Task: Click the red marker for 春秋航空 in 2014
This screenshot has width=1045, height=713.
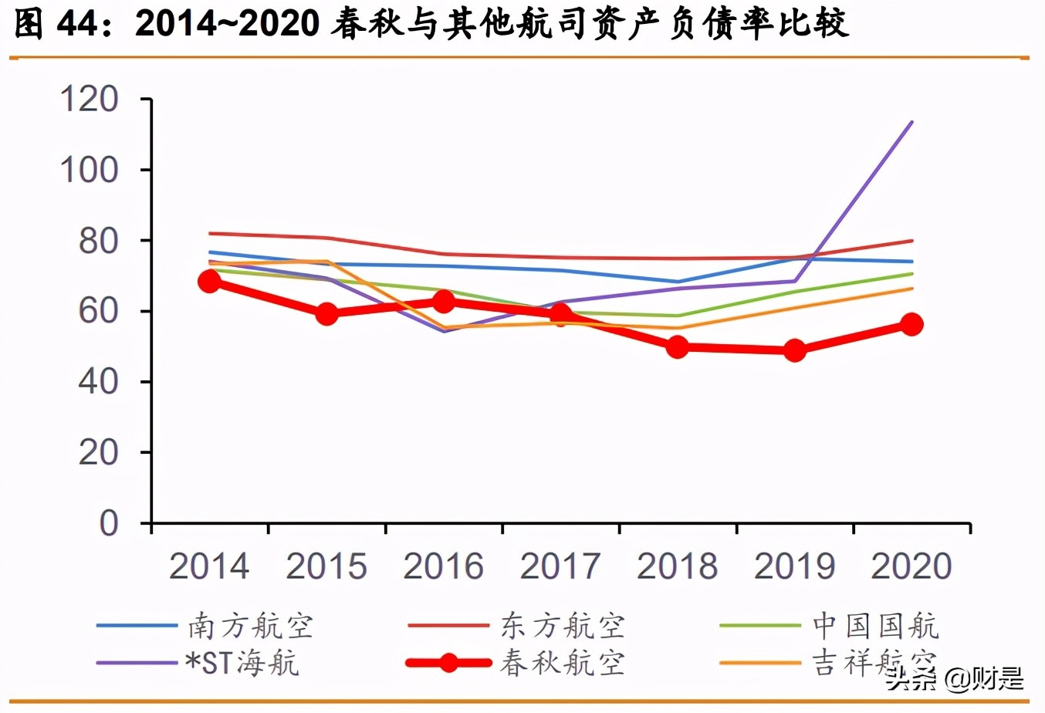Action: pyautogui.click(x=209, y=281)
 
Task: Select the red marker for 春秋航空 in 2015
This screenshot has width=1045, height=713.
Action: pyautogui.click(x=326, y=313)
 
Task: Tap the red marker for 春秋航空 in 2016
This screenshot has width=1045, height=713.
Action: pyautogui.click(x=444, y=301)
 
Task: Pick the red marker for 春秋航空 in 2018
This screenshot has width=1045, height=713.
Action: pyautogui.click(x=678, y=347)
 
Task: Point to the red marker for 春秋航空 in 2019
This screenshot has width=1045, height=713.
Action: pyautogui.click(x=794, y=350)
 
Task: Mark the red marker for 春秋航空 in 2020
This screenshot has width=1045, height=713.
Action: pyautogui.click(x=911, y=324)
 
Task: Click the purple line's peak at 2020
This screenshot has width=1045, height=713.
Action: pyautogui.click(x=912, y=122)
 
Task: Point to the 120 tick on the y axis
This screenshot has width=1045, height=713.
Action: pyautogui.click(x=90, y=100)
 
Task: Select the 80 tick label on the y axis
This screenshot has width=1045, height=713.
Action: pyautogui.click(x=98, y=241)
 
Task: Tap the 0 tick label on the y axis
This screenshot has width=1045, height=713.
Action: pyautogui.click(x=109, y=523)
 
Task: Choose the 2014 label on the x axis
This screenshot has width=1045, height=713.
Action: pyautogui.click(x=209, y=566)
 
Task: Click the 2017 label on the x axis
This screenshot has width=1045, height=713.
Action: pyautogui.click(x=560, y=566)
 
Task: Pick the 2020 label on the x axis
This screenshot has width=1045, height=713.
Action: pyautogui.click(x=911, y=566)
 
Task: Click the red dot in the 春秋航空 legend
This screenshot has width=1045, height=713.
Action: pyautogui.click(x=448, y=663)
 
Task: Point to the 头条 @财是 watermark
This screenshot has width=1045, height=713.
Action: pyautogui.click(x=955, y=679)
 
